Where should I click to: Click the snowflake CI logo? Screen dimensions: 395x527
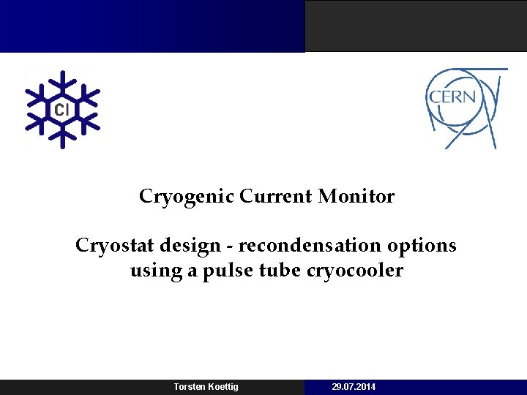(x=62, y=110)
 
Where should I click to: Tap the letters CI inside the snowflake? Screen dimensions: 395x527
(x=62, y=110)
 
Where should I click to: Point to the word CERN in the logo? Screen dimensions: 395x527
(x=452, y=97)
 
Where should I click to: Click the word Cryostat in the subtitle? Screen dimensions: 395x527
(x=108, y=245)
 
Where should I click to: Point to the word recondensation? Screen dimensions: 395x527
(x=302, y=245)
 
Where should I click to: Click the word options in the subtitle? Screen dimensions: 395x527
(x=425, y=245)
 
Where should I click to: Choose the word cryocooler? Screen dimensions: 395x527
(x=356, y=271)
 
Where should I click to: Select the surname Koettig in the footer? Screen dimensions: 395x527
(x=223, y=387)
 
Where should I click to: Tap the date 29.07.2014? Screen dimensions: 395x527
(x=354, y=387)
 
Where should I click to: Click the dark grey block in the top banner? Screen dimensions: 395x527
(x=416, y=26)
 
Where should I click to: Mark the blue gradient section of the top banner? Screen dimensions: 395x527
(x=152, y=26)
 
